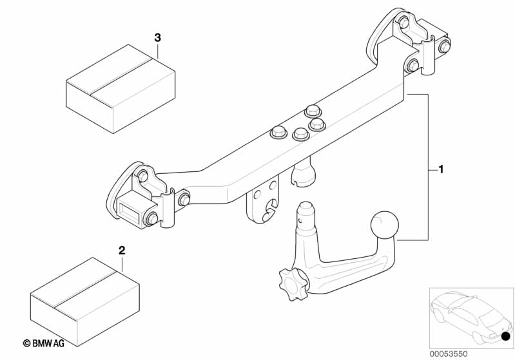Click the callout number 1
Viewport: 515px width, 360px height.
[441, 169]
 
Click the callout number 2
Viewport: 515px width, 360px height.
[122, 251]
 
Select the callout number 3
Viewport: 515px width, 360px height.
[158, 38]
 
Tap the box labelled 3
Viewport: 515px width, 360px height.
[121, 89]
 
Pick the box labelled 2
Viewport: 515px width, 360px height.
[84, 301]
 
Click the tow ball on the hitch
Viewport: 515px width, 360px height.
[384, 225]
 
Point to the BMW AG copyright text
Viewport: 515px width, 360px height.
[44, 343]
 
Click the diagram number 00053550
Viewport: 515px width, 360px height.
[449, 354]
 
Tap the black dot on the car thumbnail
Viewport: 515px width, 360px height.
[506, 336]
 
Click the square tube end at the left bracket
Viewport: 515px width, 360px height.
[131, 211]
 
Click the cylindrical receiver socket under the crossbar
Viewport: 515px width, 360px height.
[303, 173]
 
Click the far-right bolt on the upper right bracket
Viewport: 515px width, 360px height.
[444, 45]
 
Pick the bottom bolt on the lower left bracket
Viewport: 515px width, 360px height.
[151, 219]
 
